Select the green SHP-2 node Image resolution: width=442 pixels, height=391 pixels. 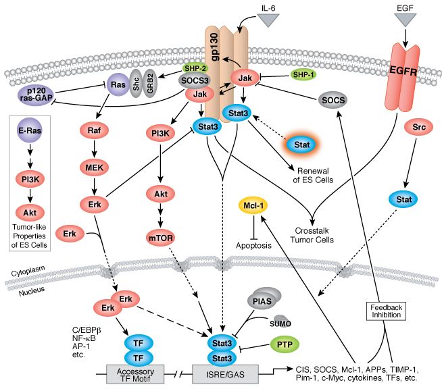(195, 68)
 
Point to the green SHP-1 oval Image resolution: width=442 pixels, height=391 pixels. (303, 75)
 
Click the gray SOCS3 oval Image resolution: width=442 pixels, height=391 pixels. (195, 80)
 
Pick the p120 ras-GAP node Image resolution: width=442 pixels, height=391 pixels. (36, 94)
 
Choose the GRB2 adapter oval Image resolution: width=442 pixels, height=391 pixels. (150, 83)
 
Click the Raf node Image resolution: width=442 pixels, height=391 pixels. (94, 130)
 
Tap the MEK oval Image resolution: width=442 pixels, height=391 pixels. (95, 168)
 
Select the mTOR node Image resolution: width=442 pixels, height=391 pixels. (161, 238)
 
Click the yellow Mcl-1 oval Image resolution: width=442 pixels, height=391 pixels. (253, 206)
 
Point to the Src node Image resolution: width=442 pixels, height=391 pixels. (419, 128)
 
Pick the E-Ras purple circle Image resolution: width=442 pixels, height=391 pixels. (30, 130)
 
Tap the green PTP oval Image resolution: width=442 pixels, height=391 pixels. (285, 344)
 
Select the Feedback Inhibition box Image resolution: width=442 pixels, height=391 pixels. (386, 311)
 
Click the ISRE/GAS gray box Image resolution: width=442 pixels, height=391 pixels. (225, 374)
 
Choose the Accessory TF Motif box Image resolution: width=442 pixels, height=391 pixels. (135, 374)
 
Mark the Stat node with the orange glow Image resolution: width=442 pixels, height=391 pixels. (302, 145)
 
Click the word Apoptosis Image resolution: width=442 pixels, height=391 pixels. (253, 246)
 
